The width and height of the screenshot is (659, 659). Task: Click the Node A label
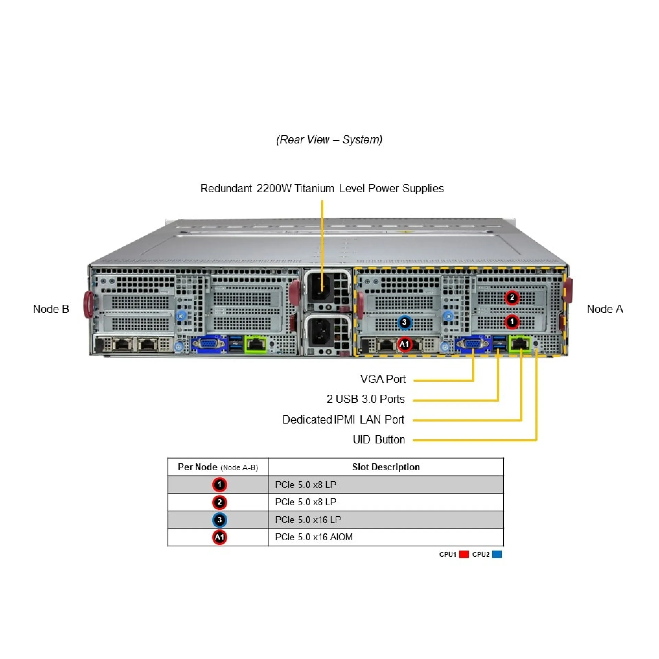coord(605,309)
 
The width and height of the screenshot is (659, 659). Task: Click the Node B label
coord(51,309)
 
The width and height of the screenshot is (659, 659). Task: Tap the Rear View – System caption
coord(329,140)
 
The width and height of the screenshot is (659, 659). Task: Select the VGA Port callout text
coord(383,379)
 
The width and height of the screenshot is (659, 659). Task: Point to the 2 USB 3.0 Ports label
coord(366,399)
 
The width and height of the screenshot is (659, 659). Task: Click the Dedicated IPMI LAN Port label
coord(343,419)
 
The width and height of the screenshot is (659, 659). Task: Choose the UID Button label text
coord(379,440)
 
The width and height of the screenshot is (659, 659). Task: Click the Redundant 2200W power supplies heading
coord(322,188)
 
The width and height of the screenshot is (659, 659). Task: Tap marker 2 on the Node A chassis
coord(512,298)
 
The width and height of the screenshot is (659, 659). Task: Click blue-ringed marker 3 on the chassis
coord(404,322)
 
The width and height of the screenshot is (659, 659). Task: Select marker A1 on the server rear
coord(404,344)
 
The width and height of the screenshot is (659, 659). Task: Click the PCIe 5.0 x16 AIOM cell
coord(314,537)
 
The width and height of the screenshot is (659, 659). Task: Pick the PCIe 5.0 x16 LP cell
coord(308,520)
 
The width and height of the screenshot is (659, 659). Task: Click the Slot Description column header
coord(386,467)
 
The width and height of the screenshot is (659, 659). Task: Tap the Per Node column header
coord(218,467)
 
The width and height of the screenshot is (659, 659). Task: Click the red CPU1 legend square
coord(464,554)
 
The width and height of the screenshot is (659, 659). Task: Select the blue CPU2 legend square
coord(497,554)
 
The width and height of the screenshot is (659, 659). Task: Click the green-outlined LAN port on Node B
coord(256,344)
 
